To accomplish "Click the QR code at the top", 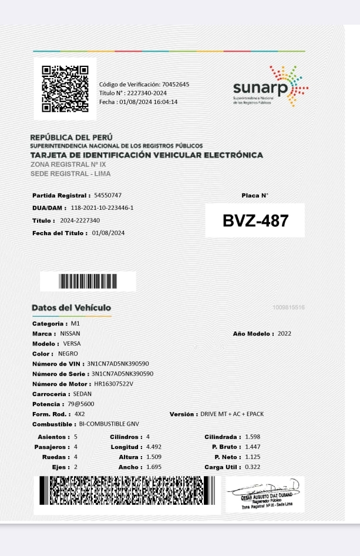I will (65, 89).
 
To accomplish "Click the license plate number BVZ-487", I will (255, 221).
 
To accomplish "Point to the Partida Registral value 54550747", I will (107, 195).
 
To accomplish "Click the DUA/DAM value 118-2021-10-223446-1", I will (102, 208).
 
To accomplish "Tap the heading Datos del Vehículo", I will (71, 308).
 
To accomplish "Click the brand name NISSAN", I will (70, 333).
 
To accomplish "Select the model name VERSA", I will (72, 343).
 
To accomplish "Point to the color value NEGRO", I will (68, 354).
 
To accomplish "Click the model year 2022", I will (284, 334).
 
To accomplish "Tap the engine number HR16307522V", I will (114, 384).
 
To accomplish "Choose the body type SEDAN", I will (82, 394).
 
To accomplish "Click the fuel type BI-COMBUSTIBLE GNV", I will (109, 424).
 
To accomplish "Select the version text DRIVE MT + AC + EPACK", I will (232, 414).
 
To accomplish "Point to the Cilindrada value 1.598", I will (253, 437).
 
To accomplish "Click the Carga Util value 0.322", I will (253, 467).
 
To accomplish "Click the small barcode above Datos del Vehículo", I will (88, 282).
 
